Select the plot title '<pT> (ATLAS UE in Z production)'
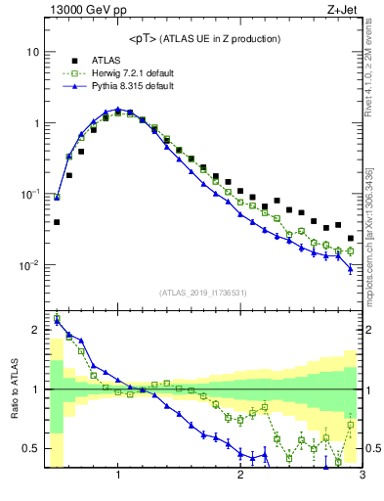[x=204, y=38]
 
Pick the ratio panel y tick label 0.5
[x=31, y=449]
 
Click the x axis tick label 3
[x=362, y=477]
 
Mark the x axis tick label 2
[x=240, y=477]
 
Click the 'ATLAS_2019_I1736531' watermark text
[x=204, y=293]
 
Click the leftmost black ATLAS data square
[x=57, y=222]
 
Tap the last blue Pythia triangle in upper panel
[x=350, y=268]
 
